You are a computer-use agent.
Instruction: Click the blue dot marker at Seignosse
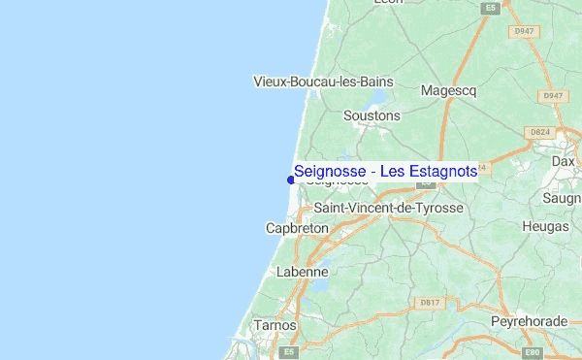pyautogui.click(x=291, y=179)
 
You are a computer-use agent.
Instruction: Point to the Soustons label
pyautogui.click(x=372, y=115)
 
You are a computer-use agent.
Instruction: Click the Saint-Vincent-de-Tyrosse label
pyautogui.click(x=387, y=209)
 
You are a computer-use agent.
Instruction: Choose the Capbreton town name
pyautogui.click(x=297, y=228)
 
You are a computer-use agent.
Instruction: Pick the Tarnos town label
pyautogui.click(x=274, y=325)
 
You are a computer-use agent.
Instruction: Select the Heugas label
pyautogui.click(x=544, y=225)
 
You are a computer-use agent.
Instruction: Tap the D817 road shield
pyautogui.click(x=430, y=303)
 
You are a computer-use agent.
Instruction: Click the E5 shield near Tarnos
pyautogui.click(x=287, y=351)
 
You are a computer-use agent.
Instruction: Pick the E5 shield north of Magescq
pyautogui.click(x=491, y=9)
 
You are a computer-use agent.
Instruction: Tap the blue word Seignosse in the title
pyautogui.click(x=331, y=172)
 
